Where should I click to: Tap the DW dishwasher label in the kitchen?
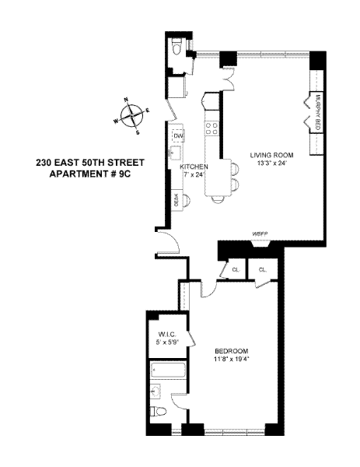coord(178,136)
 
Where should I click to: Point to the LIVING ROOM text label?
coord(271,155)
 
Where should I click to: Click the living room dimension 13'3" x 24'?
coord(271,163)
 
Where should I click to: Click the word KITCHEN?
coord(192,167)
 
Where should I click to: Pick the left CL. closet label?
coord(234,269)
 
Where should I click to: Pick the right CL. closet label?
coord(263,269)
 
